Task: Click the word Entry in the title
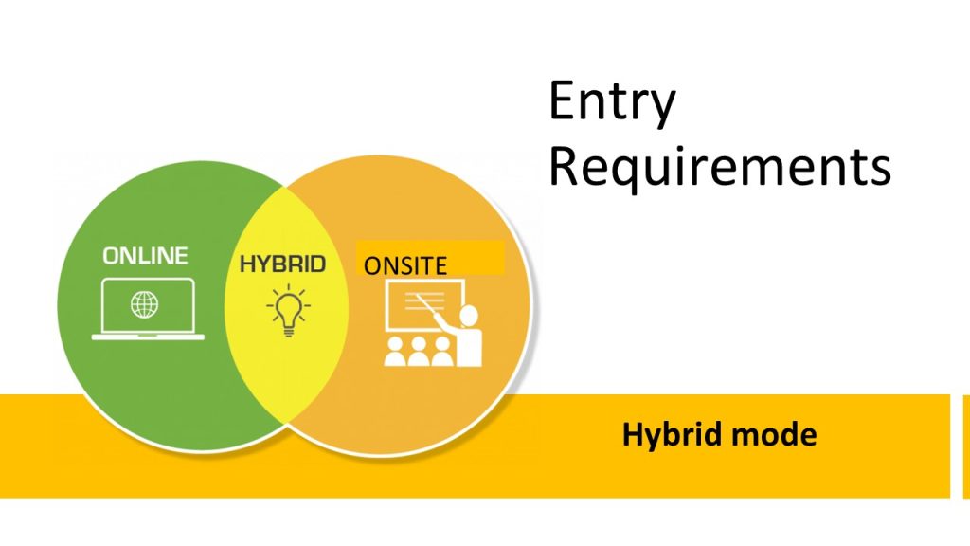click(612, 102)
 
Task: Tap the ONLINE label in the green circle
click(145, 256)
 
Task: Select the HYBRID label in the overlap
click(282, 264)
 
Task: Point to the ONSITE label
click(405, 265)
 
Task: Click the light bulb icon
click(288, 310)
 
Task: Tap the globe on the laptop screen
click(144, 304)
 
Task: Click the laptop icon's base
click(148, 337)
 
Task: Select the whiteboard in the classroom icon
click(424, 305)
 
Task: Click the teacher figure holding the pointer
click(465, 336)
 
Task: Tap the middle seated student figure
click(419, 352)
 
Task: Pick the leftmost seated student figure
click(395, 352)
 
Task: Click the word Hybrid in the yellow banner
click(673, 435)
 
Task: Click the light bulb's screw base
click(288, 331)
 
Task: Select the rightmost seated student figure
click(441, 352)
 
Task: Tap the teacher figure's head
click(470, 315)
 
